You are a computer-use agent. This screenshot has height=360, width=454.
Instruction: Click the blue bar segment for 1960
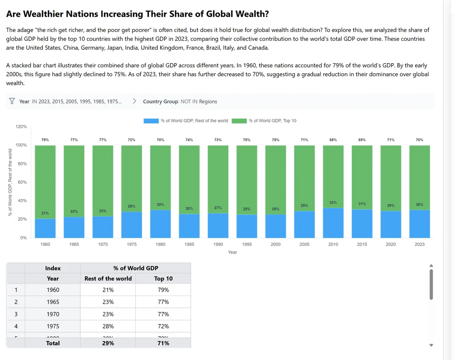[x=45, y=228]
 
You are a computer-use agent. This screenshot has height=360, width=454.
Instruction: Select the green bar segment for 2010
[x=333, y=176]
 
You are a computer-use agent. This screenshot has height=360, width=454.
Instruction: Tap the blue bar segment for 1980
[x=160, y=224]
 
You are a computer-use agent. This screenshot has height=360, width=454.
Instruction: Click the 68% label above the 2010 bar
[x=333, y=140]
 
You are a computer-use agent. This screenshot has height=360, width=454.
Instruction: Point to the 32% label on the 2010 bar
[x=333, y=203]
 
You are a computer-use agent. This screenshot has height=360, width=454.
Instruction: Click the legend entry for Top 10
[x=272, y=121]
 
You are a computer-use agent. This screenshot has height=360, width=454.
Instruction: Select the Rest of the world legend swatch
[x=151, y=121]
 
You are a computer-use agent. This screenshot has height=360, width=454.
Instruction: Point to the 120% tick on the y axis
[x=21, y=127]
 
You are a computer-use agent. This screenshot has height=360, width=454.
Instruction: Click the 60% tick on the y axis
[x=22, y=182]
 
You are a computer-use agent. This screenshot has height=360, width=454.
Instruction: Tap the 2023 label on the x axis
[x=419, y=244]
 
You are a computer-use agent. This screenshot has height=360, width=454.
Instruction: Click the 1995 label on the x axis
[x=247, y=244]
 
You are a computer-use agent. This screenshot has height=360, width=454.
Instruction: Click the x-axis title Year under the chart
[x=232, y=252]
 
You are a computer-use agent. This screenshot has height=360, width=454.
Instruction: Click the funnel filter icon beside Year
[x=12, y=101]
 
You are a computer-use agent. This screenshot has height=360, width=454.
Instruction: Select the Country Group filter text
[x=180, y=101]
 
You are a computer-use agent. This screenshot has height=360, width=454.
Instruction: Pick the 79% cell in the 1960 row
[x=163, y=290]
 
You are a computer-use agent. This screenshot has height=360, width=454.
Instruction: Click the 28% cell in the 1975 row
[x=108, y=326]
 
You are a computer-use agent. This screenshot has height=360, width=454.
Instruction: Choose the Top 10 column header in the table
[x=163, y=278]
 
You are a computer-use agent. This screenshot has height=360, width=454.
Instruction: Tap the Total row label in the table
[x=53, y=343]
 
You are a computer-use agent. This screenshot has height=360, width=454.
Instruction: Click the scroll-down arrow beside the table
[x=431, y=345]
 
